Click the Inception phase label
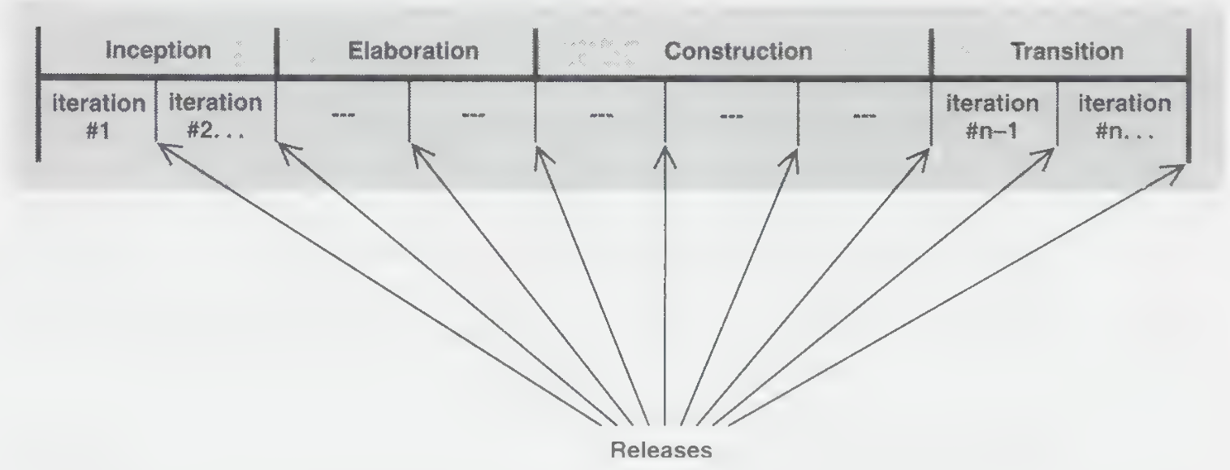click(x=158, y=50)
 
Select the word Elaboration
click(x=414, y=51)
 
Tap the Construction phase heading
click(x=738, y=52)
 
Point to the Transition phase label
click(x=1068, y=52)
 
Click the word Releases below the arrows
click(x=661, y=450)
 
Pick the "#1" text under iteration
click(x=98, y=131)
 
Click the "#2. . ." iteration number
click(x=215, y=131)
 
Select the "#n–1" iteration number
click(x=992, y=131)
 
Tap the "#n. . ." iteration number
click(x=1124, y=131)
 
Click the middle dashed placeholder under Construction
click(x=731, y=116)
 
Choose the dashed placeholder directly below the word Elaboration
click(x=474, y=115)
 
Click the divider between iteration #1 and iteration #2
click(x=156, y=110)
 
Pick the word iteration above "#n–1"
click(x=992, y=103)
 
